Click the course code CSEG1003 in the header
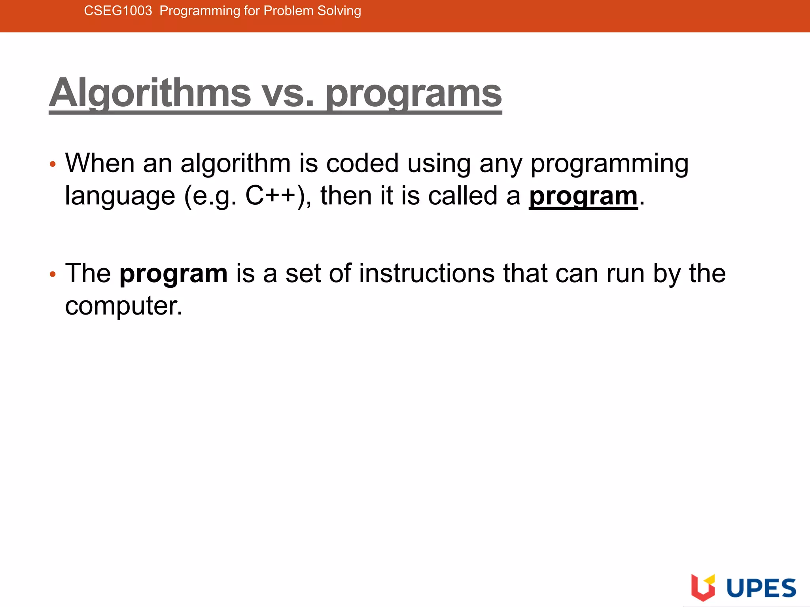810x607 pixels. [x=118, y=11]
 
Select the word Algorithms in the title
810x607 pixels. [x=150, y=93]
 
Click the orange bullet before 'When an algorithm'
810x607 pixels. [x=53, y=164]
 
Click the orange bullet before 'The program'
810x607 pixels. [x=53, y=274]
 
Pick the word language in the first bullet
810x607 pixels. [x=120, y=196]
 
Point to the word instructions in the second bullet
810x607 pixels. [x=427, y=273]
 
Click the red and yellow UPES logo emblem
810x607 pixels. [x=703, y=587]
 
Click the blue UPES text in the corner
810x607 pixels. [x=761, y=588]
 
